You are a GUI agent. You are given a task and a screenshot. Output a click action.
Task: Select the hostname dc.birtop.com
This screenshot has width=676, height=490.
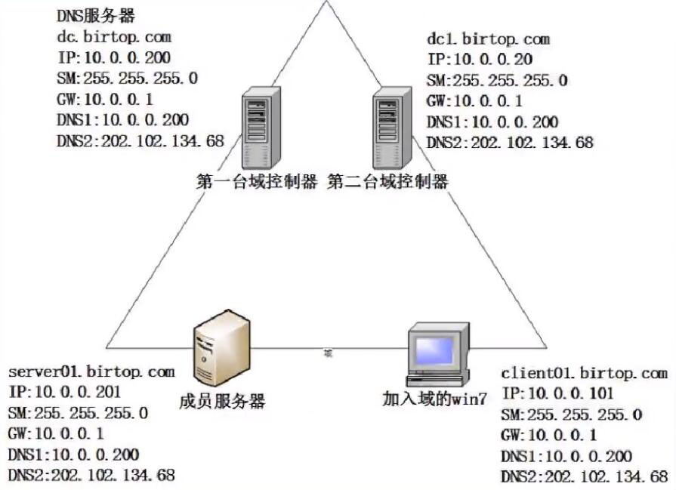click(114, 36)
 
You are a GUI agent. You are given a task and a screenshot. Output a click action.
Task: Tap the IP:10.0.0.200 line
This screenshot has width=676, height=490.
click(113, 57)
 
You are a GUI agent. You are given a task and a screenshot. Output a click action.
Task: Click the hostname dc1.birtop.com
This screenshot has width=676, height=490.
click(488, 39)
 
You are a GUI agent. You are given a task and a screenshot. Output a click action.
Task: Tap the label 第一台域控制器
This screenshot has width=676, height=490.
click(257, 182)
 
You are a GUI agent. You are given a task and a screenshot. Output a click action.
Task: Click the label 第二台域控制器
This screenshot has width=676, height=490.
click(388, 182)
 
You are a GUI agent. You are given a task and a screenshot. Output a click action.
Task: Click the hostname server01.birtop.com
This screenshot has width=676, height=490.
click(91, 371)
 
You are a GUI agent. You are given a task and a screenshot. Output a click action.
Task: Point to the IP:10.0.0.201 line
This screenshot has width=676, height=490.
click(64, 392)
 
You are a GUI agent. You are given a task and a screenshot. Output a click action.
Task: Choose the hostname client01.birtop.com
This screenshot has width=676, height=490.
click(585, 373)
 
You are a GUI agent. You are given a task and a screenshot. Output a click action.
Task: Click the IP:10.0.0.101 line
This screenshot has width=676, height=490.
click(557, 393)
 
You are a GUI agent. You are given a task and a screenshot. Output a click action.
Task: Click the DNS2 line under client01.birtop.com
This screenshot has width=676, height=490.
click(585, 476)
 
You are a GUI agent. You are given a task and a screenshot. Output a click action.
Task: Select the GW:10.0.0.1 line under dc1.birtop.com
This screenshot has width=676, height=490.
click(474, 101)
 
